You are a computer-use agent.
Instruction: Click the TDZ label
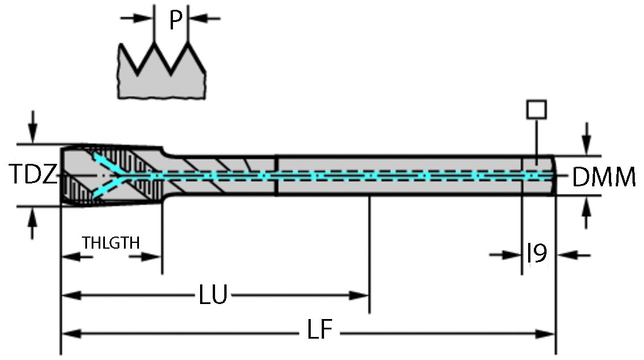(34, 175)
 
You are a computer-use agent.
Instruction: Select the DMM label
(604, 177)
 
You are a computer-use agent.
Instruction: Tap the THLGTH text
(111, 242)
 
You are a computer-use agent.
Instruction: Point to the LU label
(213, 296)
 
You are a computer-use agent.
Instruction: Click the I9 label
(537, 253)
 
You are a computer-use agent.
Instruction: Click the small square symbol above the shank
(537, 109)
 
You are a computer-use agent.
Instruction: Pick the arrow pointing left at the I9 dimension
(567, 254)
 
